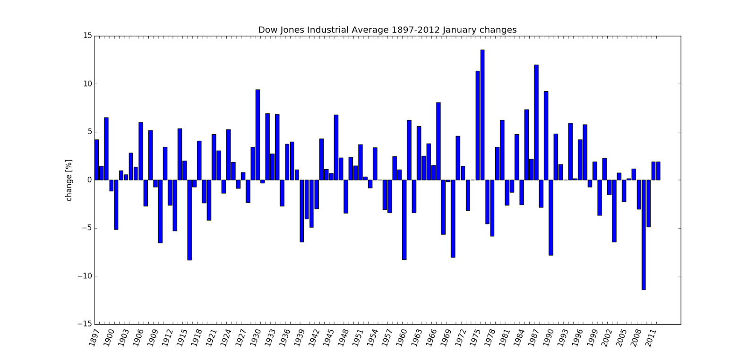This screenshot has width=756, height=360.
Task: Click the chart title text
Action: pyautogui.click(x=387, y=30)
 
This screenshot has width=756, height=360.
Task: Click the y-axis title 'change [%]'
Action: pyautogui.click(x=69, y=180)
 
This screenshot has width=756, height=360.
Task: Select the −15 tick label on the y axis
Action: pyautogui.click(x=85, y=324)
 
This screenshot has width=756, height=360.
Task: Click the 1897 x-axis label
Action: pyautogui.click(x=94, y=338)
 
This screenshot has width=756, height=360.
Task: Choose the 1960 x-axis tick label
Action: pyautogui.click(x=402, y=338)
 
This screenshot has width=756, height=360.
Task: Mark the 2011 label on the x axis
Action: pyautogui.click(x=651, y=338)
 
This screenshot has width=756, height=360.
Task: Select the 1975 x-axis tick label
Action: pyautogui.click(x=475, y=338)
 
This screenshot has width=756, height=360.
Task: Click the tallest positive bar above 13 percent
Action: pyautogui.click(x=482, y=115)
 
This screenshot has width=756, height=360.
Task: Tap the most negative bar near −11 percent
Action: pyautogui.click(x=644, y=235)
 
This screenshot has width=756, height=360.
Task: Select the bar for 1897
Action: pyautogui.click(x=97, y=160)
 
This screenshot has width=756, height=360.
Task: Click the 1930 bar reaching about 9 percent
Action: pyautogui.click(x=258, y=135)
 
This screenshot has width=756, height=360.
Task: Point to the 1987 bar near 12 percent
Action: pyautogui.click(x=536, y=122)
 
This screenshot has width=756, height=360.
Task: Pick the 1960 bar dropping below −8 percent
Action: pyautogui.click(x=404, y=220)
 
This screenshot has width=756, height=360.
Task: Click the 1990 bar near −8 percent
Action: pyautogui.click(x=551, y=217)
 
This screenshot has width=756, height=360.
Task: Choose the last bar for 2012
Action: pyautogui.click(x=658, y=171)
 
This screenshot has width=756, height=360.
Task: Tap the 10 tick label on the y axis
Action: pyautogui.click(x=87, y=84)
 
